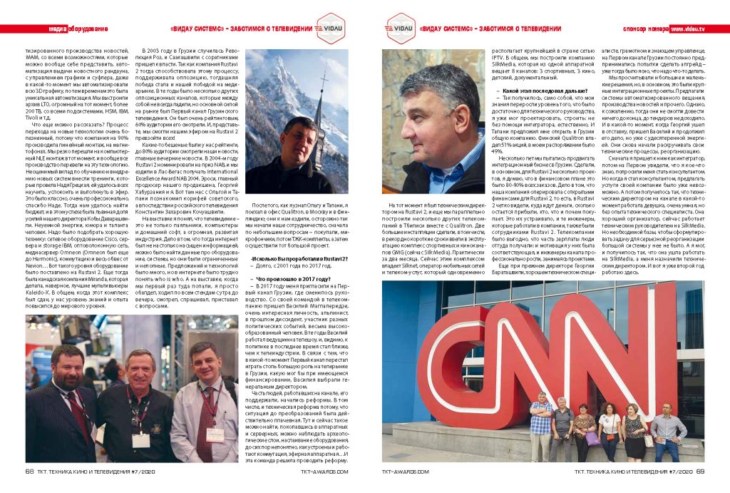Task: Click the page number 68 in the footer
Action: pyautogui.click(x=30, y=471)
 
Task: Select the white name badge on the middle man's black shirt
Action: pyautogui.click(x=141, y=439)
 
